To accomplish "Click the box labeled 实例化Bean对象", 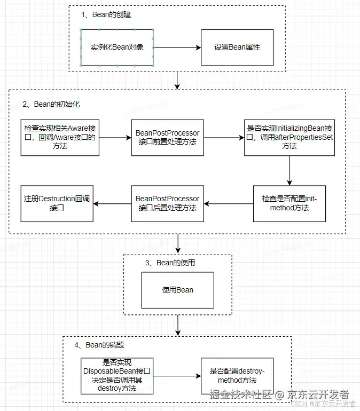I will pos(117,48).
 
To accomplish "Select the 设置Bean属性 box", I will pos(237,48).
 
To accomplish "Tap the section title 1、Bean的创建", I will pos(105,15).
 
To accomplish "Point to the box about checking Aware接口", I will pos(60,137).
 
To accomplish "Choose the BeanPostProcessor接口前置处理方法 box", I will pos(167,137).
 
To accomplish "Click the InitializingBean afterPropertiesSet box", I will pos(289,137).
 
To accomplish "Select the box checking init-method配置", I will pos(289,203).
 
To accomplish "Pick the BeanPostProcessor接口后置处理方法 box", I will pos(167,203).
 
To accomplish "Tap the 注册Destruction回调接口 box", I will pos(57,203).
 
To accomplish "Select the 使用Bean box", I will pos(177,290).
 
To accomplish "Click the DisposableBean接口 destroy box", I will pos(117,376).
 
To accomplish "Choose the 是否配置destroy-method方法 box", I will pos(237,376).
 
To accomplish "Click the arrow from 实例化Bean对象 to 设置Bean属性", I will pos(177,48).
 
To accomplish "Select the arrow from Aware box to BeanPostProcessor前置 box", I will pos(115,137).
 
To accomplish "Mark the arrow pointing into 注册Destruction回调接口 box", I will pos(112,203).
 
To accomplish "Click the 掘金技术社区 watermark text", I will pos(240,394).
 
